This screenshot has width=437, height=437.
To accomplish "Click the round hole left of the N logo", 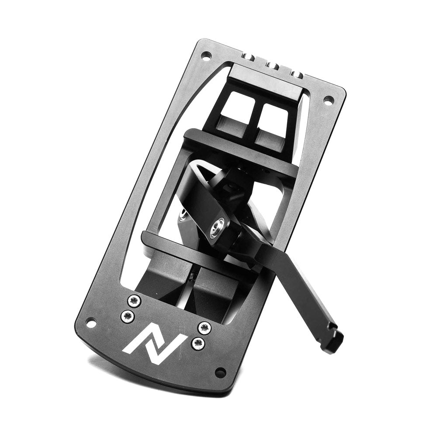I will [x=90, y=323].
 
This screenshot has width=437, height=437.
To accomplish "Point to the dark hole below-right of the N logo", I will [x=220, y=372].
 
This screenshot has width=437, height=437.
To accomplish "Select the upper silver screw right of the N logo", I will [x=203, y=327].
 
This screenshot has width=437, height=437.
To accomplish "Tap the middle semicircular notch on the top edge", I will [x=274, y=66].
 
